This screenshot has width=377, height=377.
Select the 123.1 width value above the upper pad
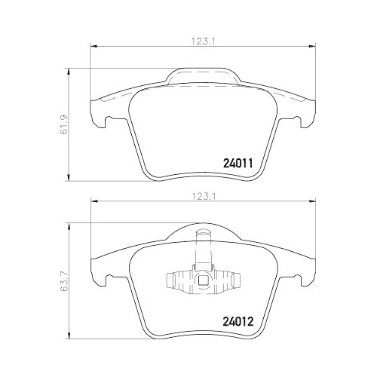pos(204,43)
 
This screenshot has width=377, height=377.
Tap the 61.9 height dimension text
pos(66,124)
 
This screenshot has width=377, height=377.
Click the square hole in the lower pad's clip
pos(202,283)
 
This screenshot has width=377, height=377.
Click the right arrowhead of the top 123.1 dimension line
pos(312,48)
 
